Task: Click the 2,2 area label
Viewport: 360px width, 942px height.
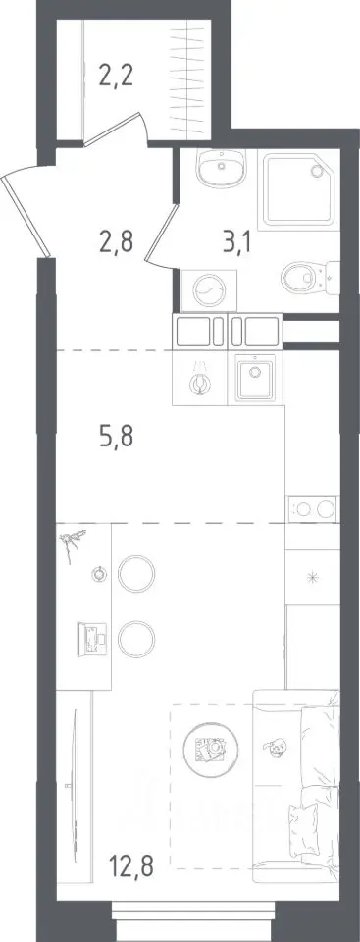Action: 116,78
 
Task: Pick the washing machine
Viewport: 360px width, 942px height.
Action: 209,290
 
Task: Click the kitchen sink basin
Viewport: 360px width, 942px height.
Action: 255,379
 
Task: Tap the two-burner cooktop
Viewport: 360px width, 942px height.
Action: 313,509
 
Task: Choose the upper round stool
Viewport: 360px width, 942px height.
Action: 136,574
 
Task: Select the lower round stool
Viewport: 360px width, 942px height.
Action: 136,639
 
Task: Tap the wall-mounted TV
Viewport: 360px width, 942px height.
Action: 76,786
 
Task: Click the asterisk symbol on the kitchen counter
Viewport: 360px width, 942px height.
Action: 312,579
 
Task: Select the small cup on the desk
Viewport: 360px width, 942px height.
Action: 98,574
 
